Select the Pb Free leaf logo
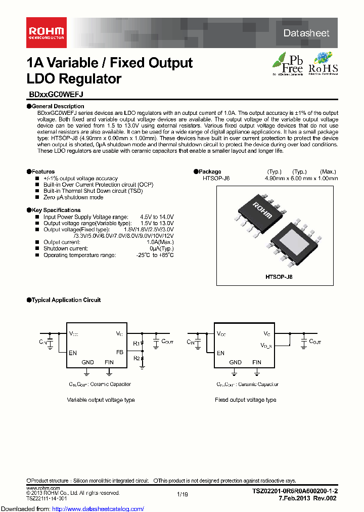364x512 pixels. coord(288,64)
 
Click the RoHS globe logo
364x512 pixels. coord(323,64)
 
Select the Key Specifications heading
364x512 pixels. coord(56,210)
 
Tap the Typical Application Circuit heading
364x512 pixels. coord(66,300)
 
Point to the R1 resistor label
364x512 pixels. coord(135,344)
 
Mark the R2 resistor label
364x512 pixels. coord(135,358)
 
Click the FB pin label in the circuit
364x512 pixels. coord(120,352)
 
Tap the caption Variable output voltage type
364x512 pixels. coord(101,400)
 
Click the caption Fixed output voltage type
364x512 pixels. coord(245,400)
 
